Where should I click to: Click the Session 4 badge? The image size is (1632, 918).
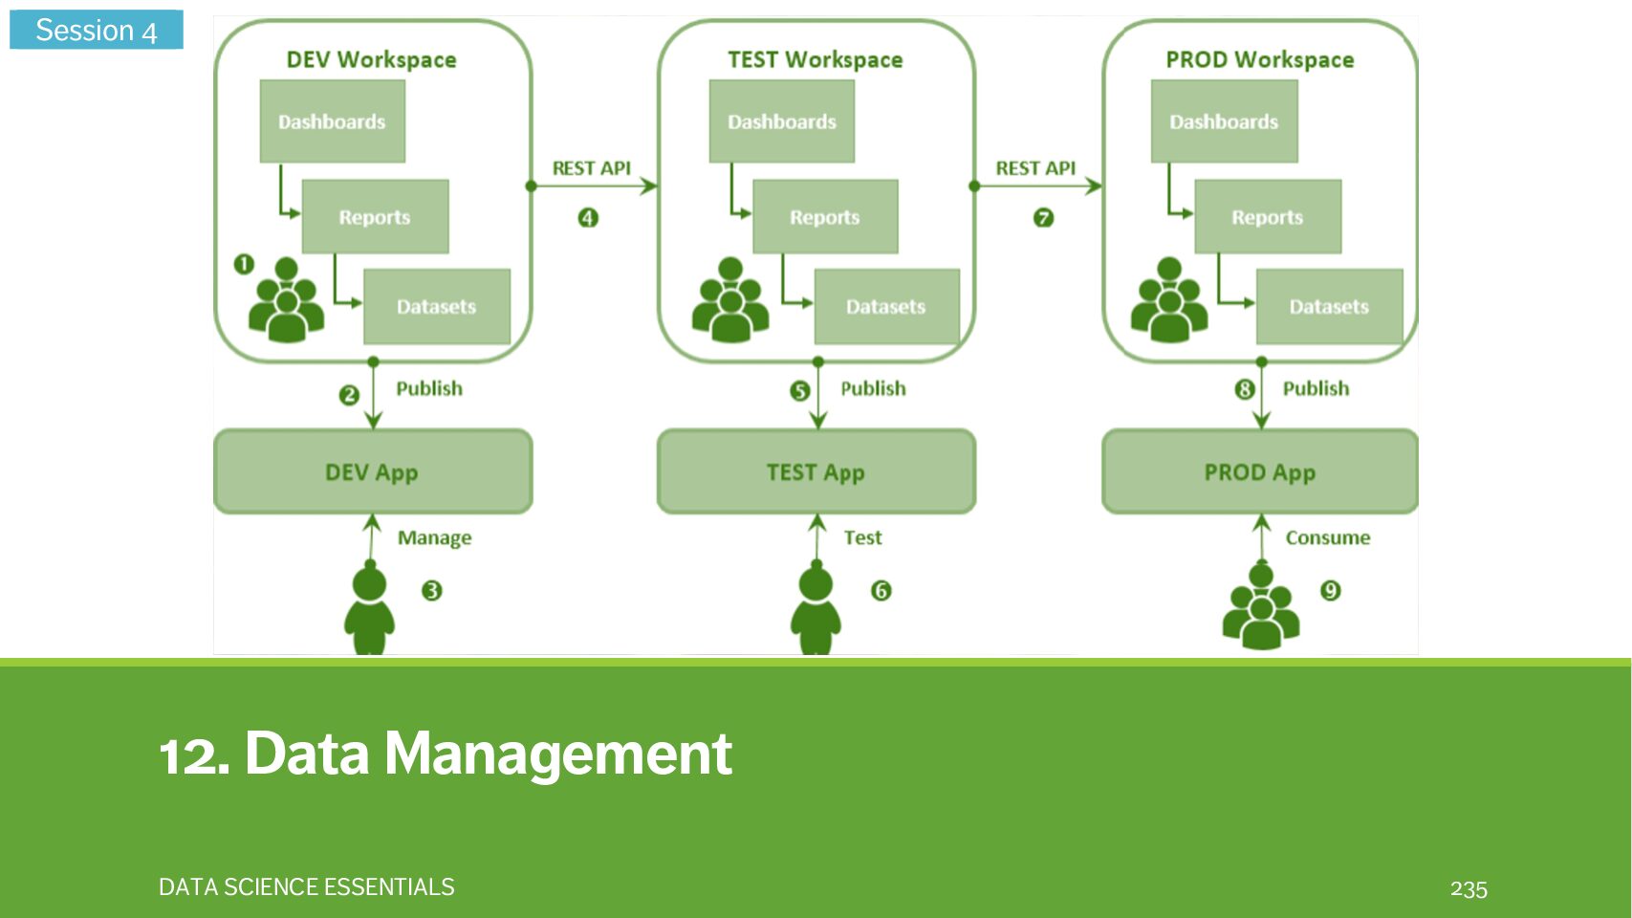96,30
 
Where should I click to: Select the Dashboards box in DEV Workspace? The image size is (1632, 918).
332,121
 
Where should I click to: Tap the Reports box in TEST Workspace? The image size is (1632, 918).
824,217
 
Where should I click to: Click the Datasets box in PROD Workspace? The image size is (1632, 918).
1328,307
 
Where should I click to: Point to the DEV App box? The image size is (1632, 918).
372,471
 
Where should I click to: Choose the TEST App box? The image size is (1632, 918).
816,471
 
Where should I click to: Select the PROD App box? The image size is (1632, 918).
1259,471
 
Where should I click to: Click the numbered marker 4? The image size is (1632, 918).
588,218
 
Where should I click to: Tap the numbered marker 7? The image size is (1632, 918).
1043,218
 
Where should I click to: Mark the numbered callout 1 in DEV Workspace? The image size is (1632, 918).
244,263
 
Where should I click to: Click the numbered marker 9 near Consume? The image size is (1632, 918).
1330,591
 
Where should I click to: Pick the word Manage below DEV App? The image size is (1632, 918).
434,537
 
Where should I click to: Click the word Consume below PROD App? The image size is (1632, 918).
1327,537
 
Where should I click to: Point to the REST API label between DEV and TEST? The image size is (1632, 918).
591,168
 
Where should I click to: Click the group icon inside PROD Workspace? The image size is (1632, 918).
1168,300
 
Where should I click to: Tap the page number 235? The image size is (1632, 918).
1469,888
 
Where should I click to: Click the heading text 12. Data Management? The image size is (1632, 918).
446,754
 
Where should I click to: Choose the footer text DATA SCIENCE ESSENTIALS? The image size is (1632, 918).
306,887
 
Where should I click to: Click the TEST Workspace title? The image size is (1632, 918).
815,59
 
